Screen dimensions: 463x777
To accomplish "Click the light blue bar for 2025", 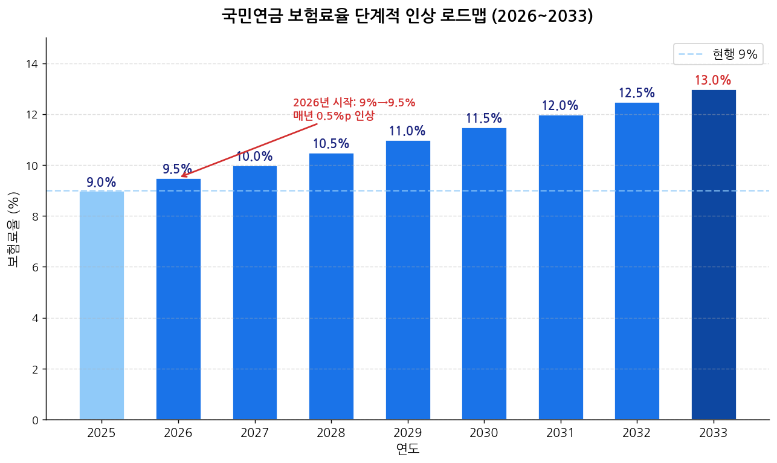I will [102, 305].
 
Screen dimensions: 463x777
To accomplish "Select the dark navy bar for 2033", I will [714, 254].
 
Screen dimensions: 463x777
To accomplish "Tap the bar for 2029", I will [408, 280].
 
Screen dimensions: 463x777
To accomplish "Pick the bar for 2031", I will [561, 267].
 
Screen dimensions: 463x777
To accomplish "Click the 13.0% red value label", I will [713, 80].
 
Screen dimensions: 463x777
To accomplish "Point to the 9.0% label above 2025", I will [101, 183].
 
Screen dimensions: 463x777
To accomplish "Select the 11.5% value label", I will [484, 118].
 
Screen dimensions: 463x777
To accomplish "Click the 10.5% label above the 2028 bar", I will [331, 144].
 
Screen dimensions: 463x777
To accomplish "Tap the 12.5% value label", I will [637, 93].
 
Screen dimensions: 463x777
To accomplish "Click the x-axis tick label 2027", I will [254, 433].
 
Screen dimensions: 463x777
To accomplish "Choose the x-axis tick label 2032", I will [637, 433].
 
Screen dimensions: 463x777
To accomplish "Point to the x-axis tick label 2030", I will [484, 433].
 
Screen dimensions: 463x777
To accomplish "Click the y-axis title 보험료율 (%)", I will [13, 229].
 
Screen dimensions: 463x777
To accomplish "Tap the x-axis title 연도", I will [408, 449].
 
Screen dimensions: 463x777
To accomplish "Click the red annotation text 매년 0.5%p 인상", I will [334, 115].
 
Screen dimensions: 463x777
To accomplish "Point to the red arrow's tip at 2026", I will [181, 176].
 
